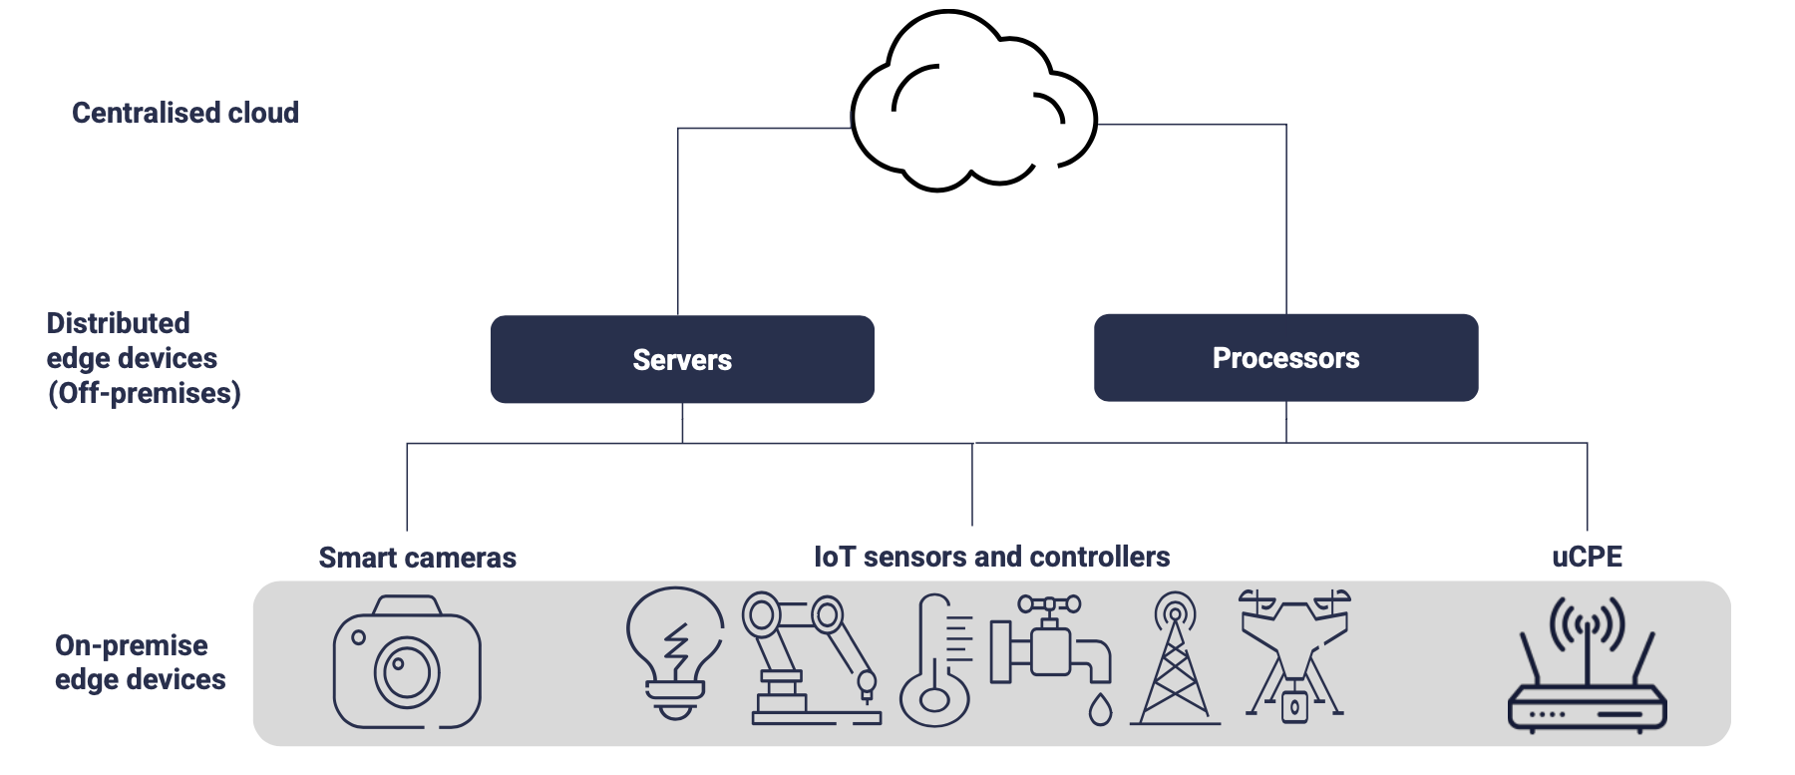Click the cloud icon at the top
click(972, 105)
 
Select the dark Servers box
click(682, 359)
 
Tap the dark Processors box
click(1285, 358)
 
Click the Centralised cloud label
click(185, 113)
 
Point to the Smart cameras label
click(417, 558)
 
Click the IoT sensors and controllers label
click(991, 557)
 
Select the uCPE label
click(1587, 557)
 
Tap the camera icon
click(407, 662)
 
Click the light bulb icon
click(675, 650)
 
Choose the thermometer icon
click(935, 661)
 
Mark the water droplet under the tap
click(1100, 709)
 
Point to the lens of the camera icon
click(407, 670)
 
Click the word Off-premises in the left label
click(145, 393)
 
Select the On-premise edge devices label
click(140, 662)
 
